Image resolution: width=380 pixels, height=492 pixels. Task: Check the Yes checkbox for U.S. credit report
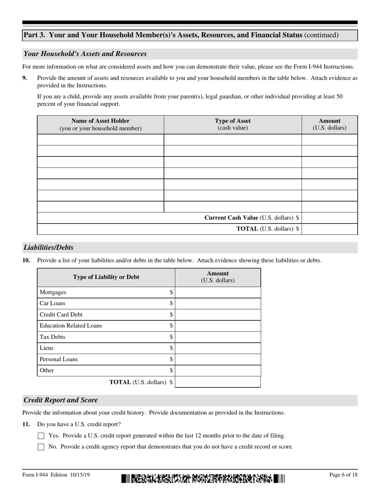41,436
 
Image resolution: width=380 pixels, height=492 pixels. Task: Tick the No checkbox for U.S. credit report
41,447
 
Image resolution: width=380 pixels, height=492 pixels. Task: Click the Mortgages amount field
218,292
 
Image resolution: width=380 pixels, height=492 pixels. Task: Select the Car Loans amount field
218,304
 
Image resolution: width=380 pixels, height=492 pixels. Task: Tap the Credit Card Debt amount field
218,315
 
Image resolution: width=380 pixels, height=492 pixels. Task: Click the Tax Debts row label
52,337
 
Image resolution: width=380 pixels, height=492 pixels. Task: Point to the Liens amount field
218,348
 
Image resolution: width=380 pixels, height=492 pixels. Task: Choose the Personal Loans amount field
218,360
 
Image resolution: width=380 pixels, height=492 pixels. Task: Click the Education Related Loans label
71,326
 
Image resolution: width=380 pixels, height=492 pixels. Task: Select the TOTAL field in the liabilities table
218,382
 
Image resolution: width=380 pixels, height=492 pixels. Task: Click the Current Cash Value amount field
329,218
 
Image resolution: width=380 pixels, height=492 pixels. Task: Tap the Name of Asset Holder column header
100,124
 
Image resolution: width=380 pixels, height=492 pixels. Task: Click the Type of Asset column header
232,124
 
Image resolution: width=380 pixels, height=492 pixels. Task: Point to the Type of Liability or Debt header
106,277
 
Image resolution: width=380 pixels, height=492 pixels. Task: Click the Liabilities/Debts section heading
49,248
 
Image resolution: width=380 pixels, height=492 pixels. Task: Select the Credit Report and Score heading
61,400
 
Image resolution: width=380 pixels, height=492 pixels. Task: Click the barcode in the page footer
203,478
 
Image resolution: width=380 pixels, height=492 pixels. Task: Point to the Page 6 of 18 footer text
343,475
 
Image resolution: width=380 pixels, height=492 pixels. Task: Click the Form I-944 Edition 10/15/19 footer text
56,475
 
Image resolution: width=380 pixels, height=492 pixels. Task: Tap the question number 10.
26,260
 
